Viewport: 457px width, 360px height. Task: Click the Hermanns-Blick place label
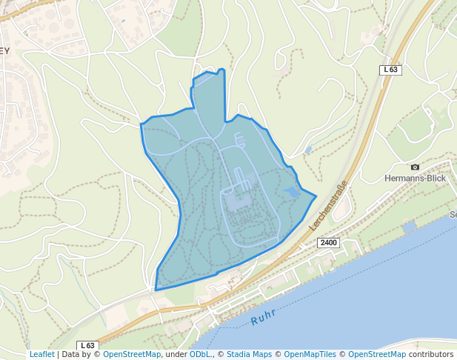tap(415, 179)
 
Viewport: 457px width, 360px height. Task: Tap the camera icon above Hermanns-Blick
tap(415, 167)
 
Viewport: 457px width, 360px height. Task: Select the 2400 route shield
tap(328, 243)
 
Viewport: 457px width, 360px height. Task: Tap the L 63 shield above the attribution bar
tap(87, 345)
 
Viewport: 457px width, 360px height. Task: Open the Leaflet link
tap(41, 355)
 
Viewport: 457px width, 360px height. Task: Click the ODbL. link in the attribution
tap(200, 355)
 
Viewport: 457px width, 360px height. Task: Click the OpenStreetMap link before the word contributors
tap(377, 355)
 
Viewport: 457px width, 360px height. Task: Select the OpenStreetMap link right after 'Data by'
tap(132, 355)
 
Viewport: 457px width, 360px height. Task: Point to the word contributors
tap(431, 355)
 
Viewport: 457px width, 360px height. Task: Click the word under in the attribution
tap(176, 355)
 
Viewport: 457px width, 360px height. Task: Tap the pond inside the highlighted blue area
tap(291, 193)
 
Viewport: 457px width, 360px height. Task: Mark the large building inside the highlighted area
tap(238, 200)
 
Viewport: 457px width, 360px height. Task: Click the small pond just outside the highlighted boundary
tap(307, 150)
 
